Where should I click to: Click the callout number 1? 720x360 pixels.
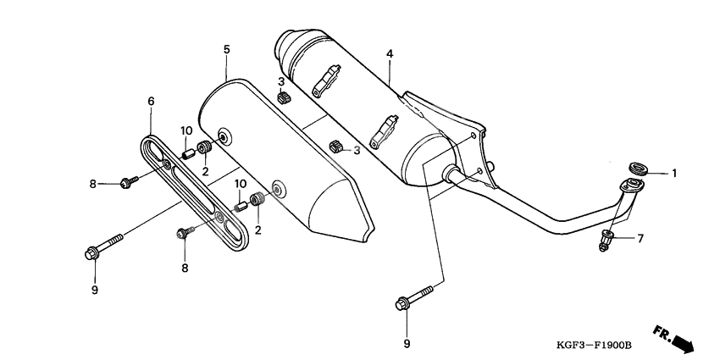point(675,174)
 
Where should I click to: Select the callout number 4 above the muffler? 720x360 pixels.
point(390,54)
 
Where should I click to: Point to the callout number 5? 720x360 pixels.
point(226,49)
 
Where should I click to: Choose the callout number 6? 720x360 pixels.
point(151,102)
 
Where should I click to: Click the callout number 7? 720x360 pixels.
point(640,238)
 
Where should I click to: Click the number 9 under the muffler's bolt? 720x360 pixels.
point(407,344)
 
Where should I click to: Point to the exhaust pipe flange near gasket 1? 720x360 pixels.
point(628,188)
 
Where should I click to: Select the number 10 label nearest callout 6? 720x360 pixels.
point(186,130)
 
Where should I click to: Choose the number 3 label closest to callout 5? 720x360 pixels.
point(280,81)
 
